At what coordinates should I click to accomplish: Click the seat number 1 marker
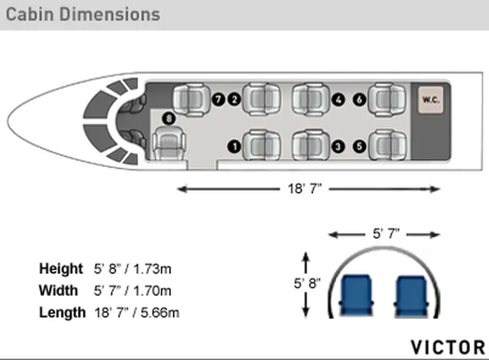pyautogui.click(x=234, y=147)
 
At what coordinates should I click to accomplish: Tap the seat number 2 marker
pyautogui.click(x=234, y=100)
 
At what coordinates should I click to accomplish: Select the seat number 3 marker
pyautogui.click(x=338, y=147)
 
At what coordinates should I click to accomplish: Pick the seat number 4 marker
pyautogui.click(x=338, y=100)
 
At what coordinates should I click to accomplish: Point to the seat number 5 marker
pyautogui.click(x=359, y=147)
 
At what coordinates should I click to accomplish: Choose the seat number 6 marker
pyautogui.click(x=359, y=100)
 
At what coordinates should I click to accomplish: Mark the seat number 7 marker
pyautogui.click(x=218, y=100)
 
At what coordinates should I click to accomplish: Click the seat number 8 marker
pyautogui.click(x=169, y=119)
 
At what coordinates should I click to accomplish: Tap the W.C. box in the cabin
pyautogui.click(x=431, y=100)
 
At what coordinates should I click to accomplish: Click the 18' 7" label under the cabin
pyautogui.click(x=305, y=189)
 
